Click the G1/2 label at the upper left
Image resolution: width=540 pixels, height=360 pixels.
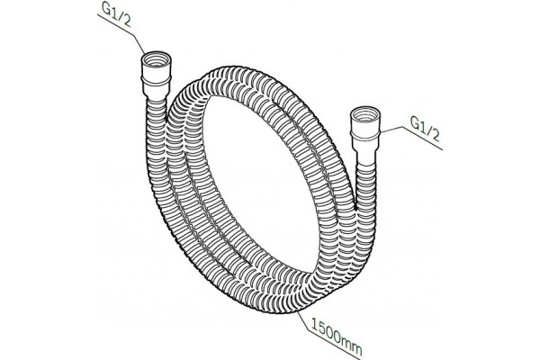point(116,15)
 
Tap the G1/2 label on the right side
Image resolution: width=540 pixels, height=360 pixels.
point(426,129)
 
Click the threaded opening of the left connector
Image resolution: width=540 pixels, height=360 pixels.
point(156,58)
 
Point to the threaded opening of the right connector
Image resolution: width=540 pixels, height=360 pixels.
point(365,113)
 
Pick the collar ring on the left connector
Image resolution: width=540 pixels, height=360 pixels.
point(156,81)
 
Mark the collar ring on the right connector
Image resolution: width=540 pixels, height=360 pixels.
point(365,135)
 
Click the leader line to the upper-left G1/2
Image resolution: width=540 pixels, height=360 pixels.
point(121,34)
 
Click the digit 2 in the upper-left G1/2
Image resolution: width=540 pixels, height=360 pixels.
point(126,22)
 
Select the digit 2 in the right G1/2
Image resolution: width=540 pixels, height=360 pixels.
point(435,135)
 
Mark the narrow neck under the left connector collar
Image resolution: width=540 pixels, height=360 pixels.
point(156,94)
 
